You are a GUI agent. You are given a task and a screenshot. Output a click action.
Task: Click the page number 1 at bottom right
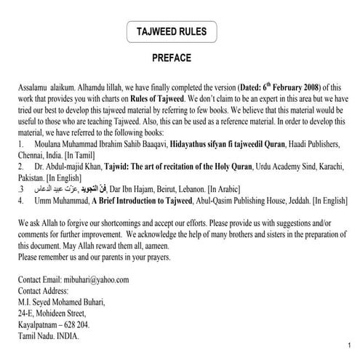coord(350,345)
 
